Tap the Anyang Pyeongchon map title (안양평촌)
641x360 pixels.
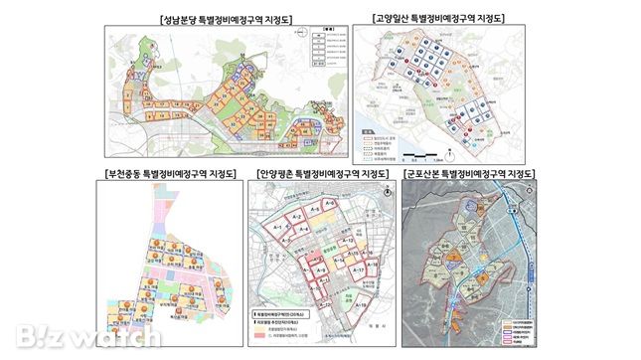321,174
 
